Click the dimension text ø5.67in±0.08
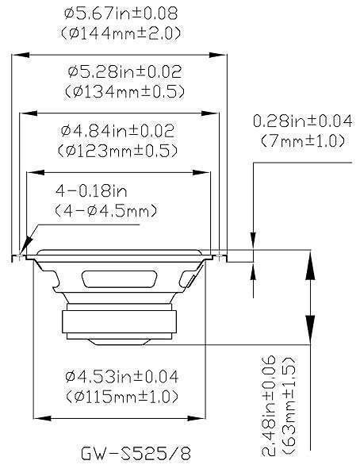pyautogui.click(x=120, y=13)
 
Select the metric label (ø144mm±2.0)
pyautogui.click(x=120, y=33)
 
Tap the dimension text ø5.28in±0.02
pyautogui.click(x=120, y=71)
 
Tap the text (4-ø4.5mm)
pyautogui.click(x=105, y=211)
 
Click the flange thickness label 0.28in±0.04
pyautogui.click(x=302, y=121)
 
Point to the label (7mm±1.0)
pyautogui.click(x=302, y=140)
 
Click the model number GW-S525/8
pyautogui.click(x=136, y=453)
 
